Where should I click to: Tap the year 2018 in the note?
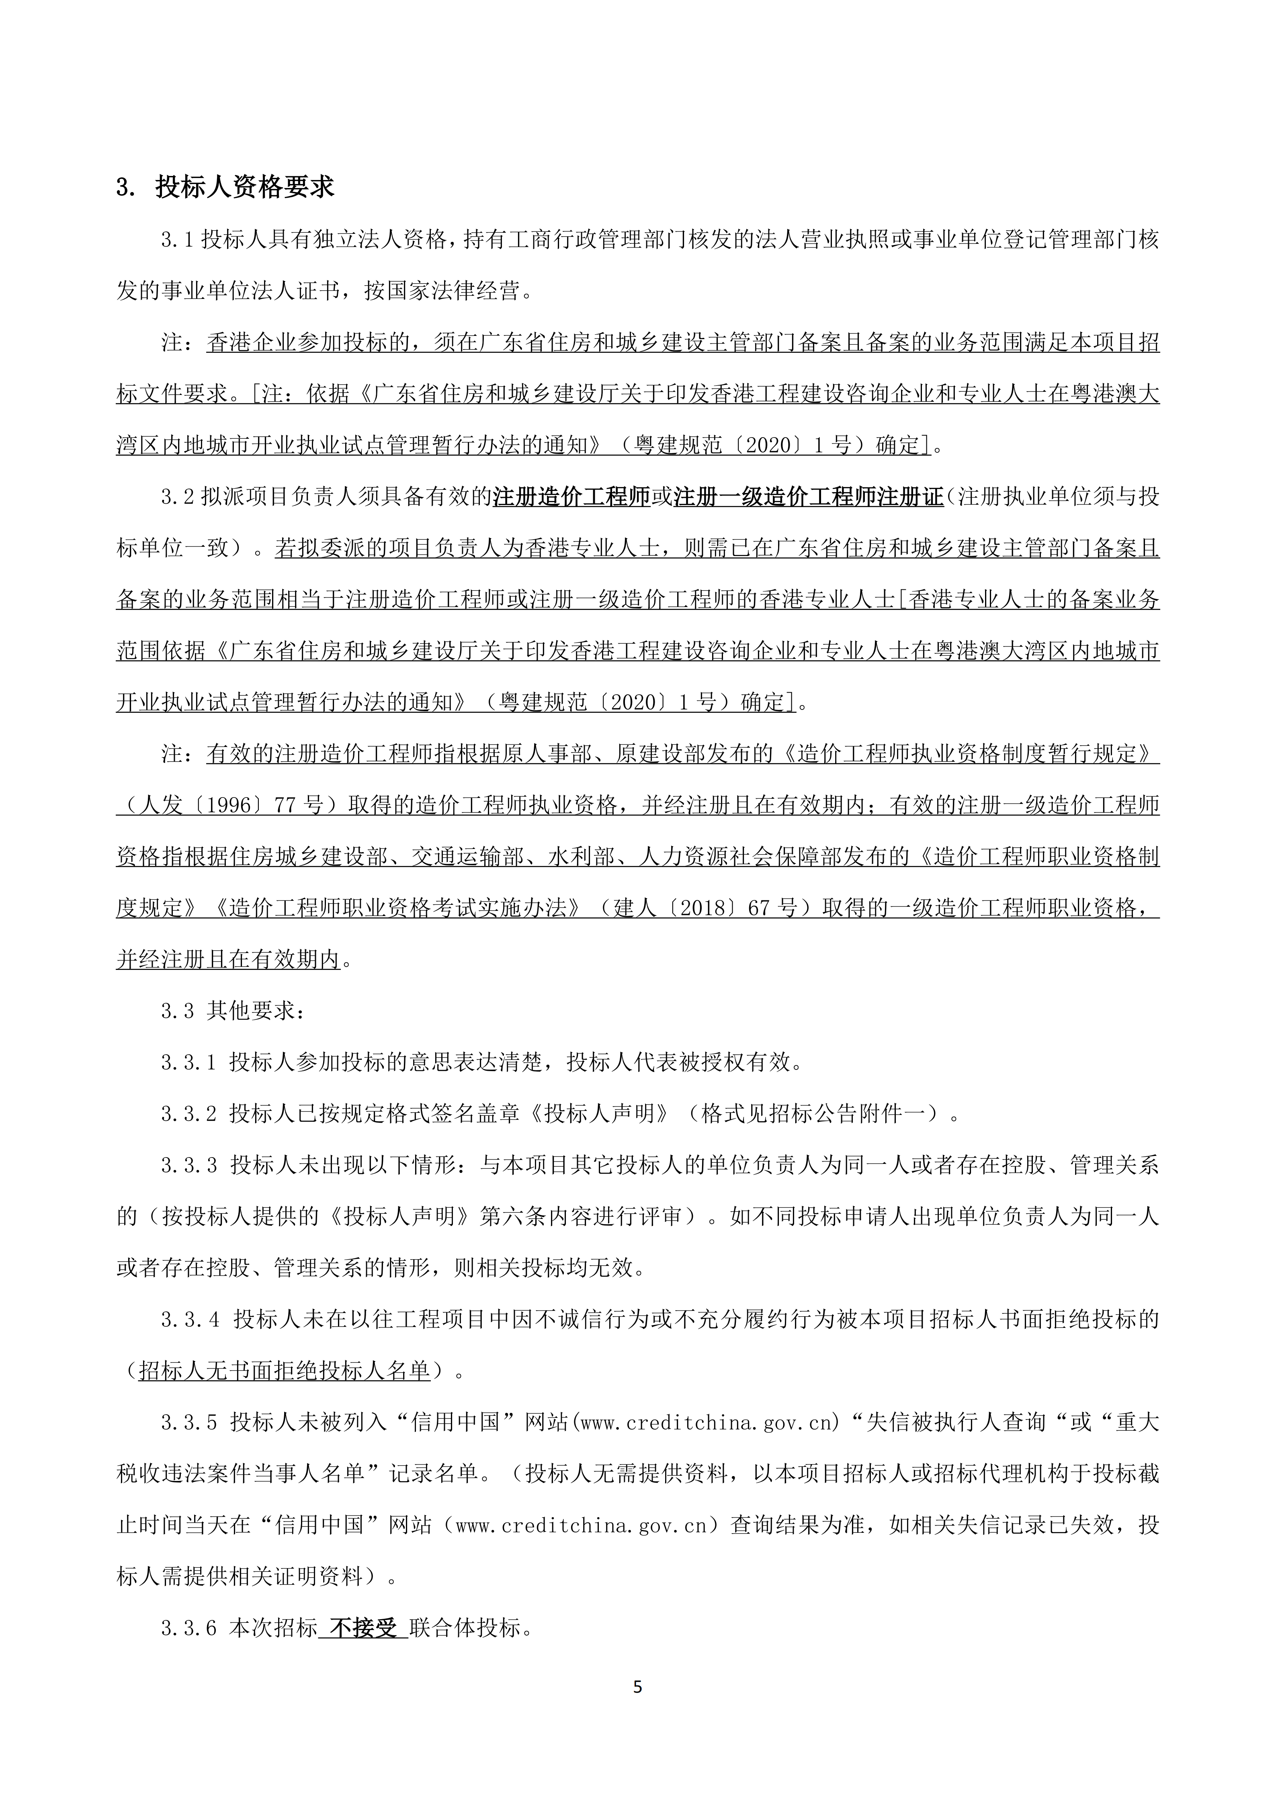point(708,908)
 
